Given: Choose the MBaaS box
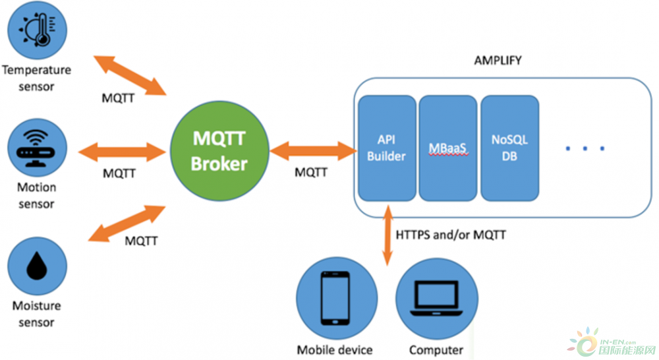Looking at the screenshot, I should [x=448, y=148].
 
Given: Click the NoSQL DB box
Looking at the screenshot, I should [x=509, y=148].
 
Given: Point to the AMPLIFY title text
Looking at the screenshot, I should [x=498, y=61].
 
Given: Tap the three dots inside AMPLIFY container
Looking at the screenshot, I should [x=585, y=150].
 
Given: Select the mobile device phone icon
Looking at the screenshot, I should [x=336, y=298].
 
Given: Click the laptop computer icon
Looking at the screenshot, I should [x=435, y=298].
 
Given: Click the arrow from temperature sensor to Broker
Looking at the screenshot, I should [x=129, y=75].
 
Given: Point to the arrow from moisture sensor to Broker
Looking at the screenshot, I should [x=128, y=223].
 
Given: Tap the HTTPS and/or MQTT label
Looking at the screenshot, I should [x=451, y=234].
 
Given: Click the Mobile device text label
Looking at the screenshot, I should [x=335, y=349].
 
